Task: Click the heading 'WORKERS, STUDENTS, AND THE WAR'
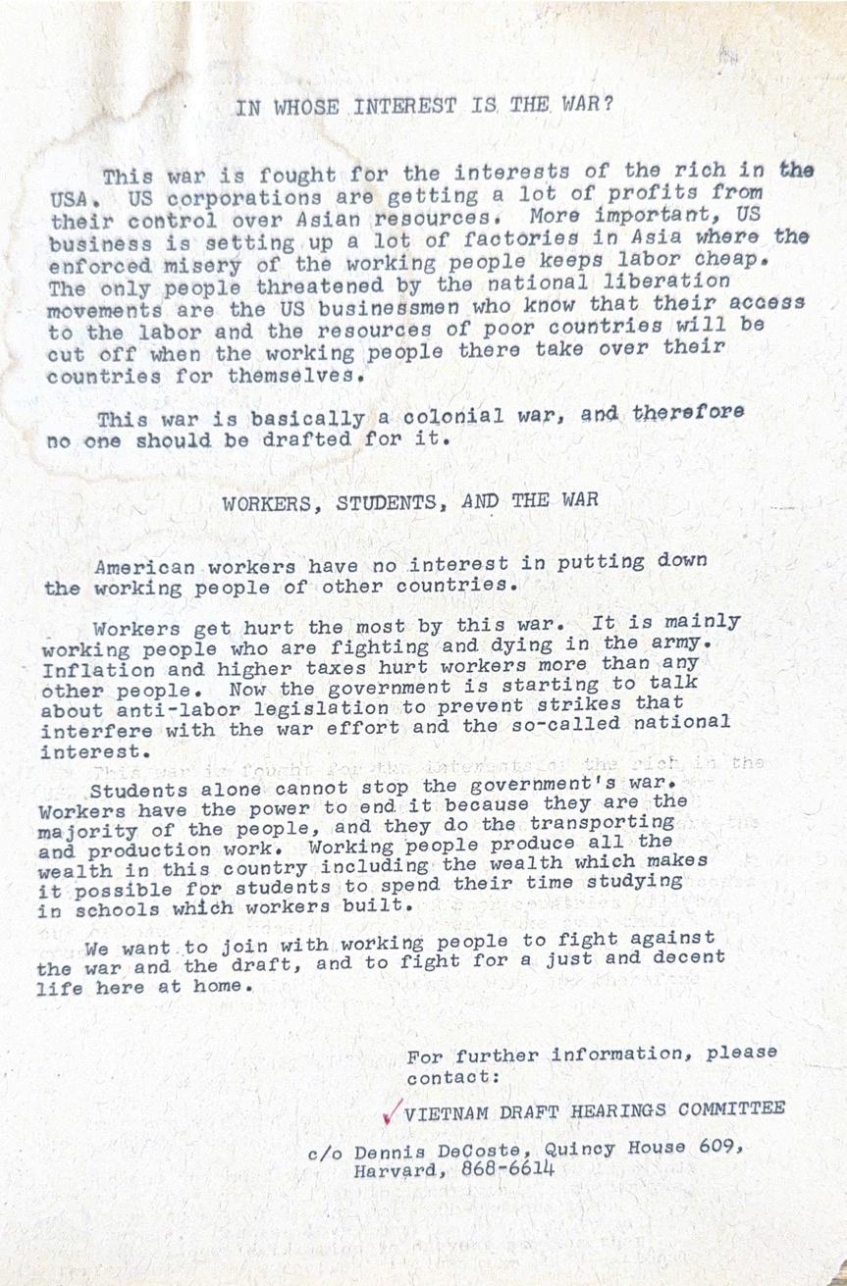[x=409, y=504]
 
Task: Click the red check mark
[x=391, y=1110]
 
